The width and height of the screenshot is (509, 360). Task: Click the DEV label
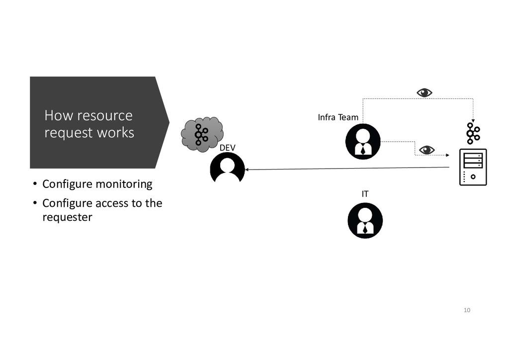227,148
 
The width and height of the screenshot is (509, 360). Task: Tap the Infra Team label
338,117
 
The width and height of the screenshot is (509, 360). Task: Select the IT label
365,194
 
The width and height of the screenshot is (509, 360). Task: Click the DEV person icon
228,168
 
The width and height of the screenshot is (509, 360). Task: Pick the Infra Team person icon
363,142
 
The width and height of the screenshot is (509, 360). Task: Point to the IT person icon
365,220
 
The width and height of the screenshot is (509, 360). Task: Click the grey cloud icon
201,133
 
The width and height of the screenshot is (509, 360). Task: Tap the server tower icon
473,167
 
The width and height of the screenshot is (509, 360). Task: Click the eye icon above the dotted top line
424,92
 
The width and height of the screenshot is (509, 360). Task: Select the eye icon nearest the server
426,150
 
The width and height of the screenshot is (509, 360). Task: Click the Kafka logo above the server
473,134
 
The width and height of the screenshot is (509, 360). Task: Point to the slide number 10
466,310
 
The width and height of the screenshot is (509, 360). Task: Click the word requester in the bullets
67,217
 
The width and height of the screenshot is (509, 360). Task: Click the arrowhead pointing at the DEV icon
247,170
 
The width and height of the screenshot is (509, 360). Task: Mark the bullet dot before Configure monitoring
35,184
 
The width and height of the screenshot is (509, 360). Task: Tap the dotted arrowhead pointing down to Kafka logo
473,120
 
